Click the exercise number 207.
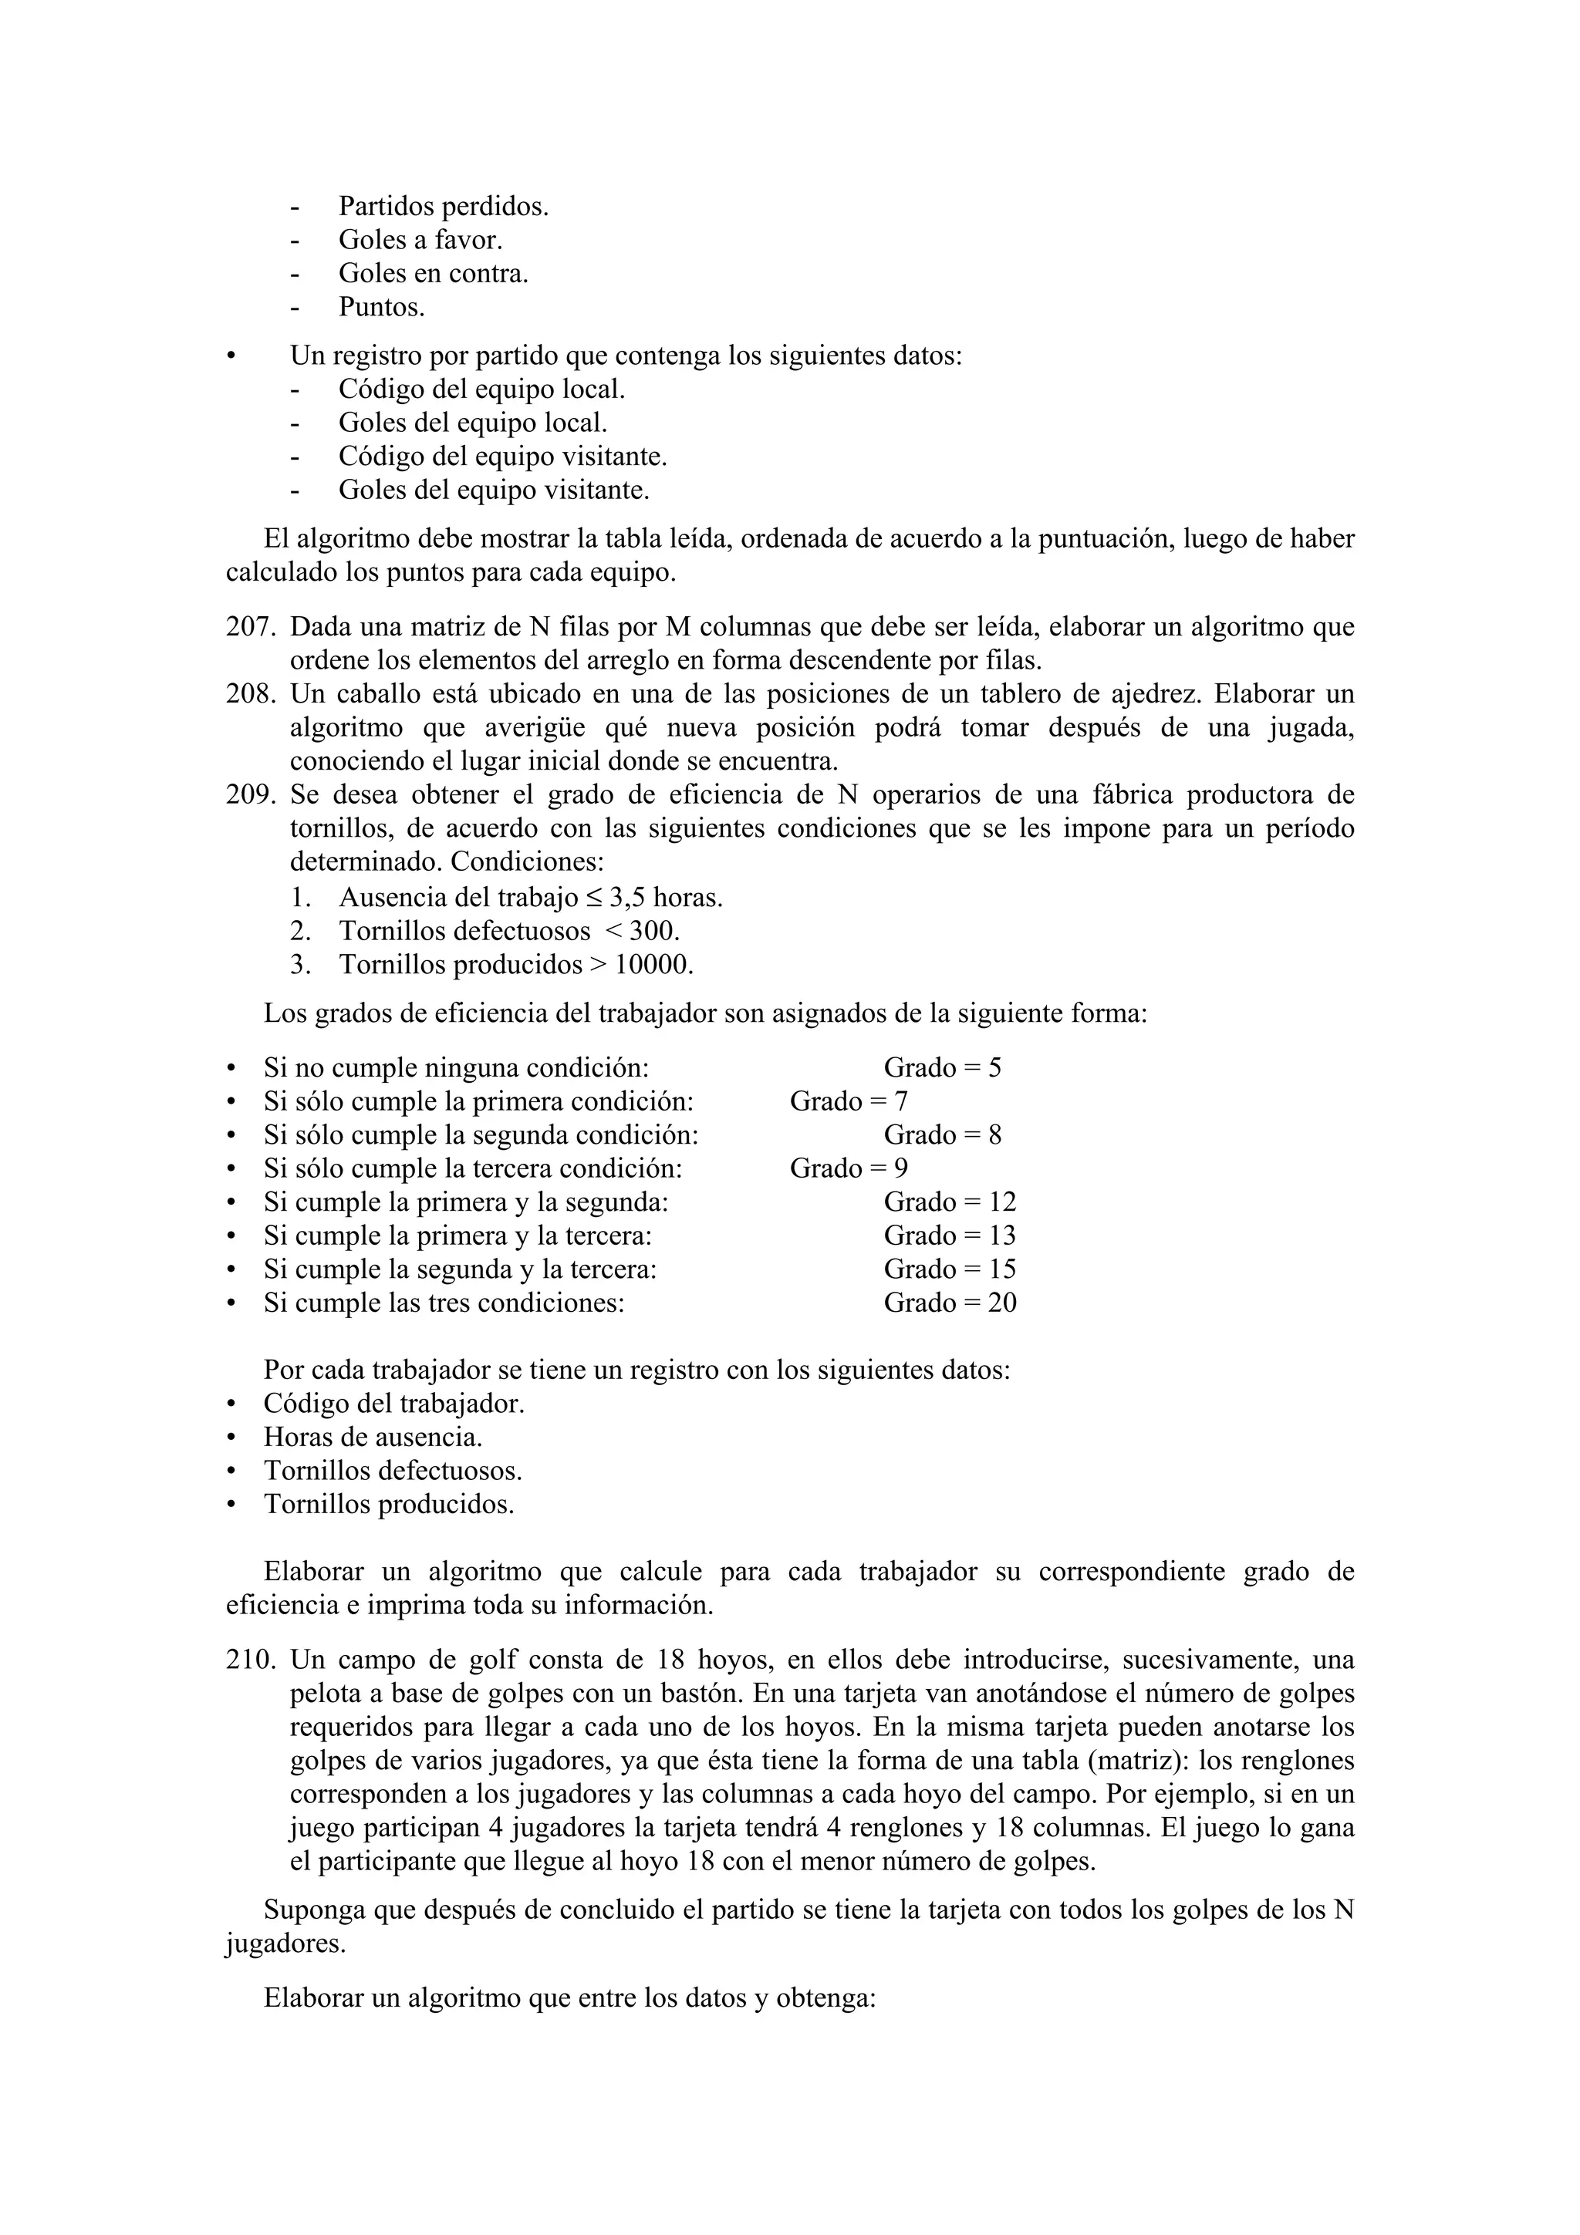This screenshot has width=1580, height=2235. (x=250, y=627)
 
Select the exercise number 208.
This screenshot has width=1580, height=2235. (x=250, y=694)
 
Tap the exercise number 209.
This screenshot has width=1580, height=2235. (x=250, y=795)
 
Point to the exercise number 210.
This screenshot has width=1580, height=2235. (x=250, y=1660)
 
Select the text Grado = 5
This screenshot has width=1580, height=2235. (x=941, y=1068)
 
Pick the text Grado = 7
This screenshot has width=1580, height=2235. (x=848, y=1101)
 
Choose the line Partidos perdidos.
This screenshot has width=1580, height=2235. (x=443, y=207)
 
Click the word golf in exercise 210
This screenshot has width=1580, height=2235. (x=495, y=1660)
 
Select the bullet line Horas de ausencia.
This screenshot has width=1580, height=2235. (x=373, y=1437)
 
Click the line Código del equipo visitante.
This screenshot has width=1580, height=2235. (x=502, y=457)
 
